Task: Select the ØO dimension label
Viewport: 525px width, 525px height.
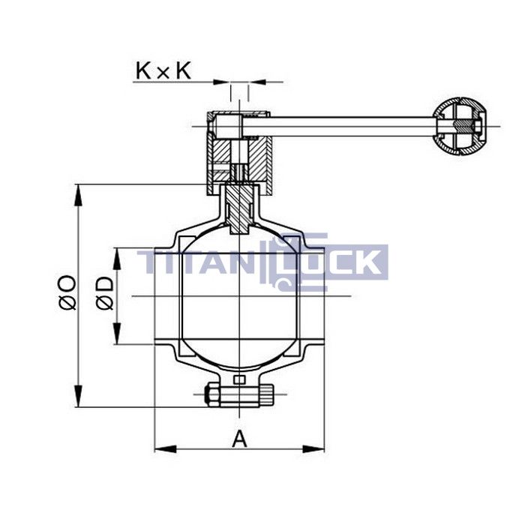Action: (x=67, y=292)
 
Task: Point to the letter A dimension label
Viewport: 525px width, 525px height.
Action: (x=239, y=438)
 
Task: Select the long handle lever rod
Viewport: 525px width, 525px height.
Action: (x=349, y=126)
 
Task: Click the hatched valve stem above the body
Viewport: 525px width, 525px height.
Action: (x=239, y=206)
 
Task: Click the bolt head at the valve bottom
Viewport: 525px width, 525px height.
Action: (x=211, y=393)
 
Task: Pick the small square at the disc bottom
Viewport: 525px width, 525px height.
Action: (x=239, y=380)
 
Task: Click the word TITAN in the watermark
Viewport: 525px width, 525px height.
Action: (x=199, y=263)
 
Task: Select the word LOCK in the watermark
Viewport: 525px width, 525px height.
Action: (x=337, y=263)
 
